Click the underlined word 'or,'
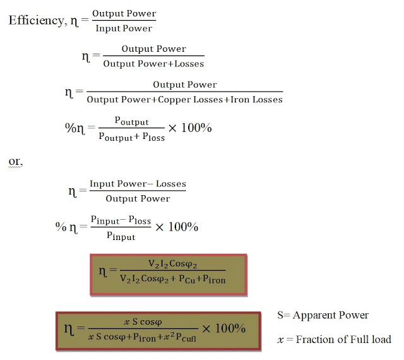point(16,162)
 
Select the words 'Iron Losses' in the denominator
point(258,100)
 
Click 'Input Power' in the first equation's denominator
point(124,28)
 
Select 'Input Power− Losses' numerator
point(138,184)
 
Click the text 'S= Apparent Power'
point(323,315)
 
